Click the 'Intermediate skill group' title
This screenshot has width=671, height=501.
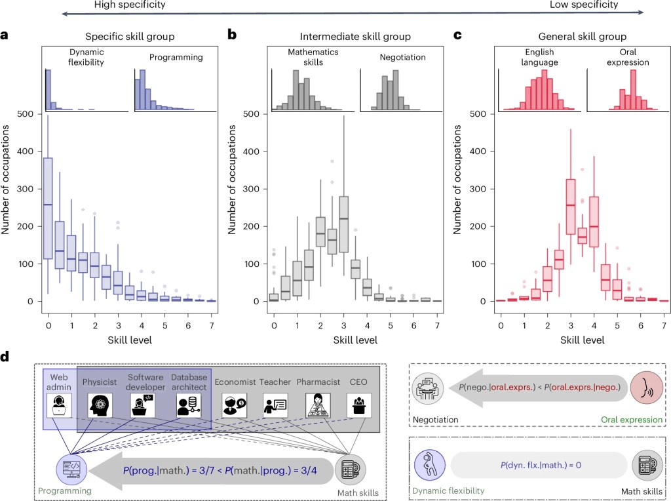coord(355,37)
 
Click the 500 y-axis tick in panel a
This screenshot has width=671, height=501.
coord(27,114)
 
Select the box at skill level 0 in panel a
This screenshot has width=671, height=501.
coord(48,208)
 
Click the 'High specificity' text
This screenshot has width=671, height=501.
coord(130,5)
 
